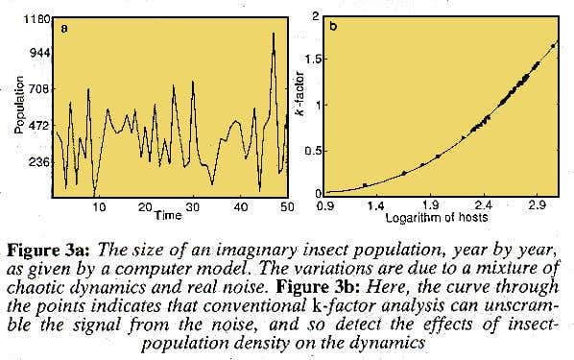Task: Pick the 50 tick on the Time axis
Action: [x=285, y=206]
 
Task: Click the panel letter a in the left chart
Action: [x=64, y=27]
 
